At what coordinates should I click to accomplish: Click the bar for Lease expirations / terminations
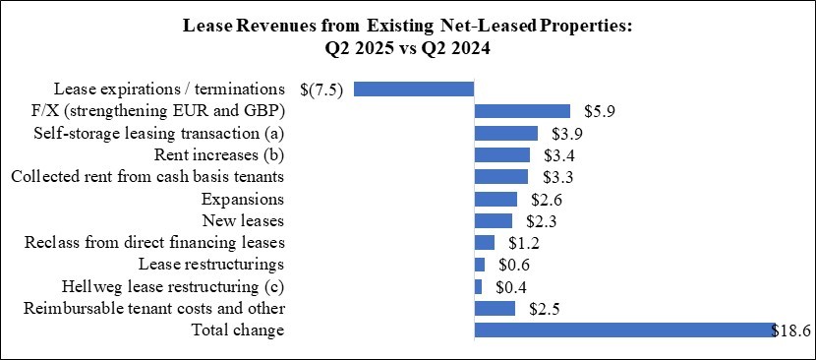point(414,89)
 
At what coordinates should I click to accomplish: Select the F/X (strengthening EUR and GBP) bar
point(522,111)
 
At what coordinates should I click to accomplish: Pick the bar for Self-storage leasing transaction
point(505,133)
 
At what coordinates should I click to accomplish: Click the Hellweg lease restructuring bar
point(478,287)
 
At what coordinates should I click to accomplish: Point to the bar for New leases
point(493,220)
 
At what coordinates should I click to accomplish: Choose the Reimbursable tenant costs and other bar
point(495,309)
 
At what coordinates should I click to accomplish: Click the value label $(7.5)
point(321,89)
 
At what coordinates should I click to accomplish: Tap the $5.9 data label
point(599,111)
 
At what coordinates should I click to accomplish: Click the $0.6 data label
point(511,266)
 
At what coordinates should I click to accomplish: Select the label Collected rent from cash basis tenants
point(147,176)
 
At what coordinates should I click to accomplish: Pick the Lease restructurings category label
point(211,264)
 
